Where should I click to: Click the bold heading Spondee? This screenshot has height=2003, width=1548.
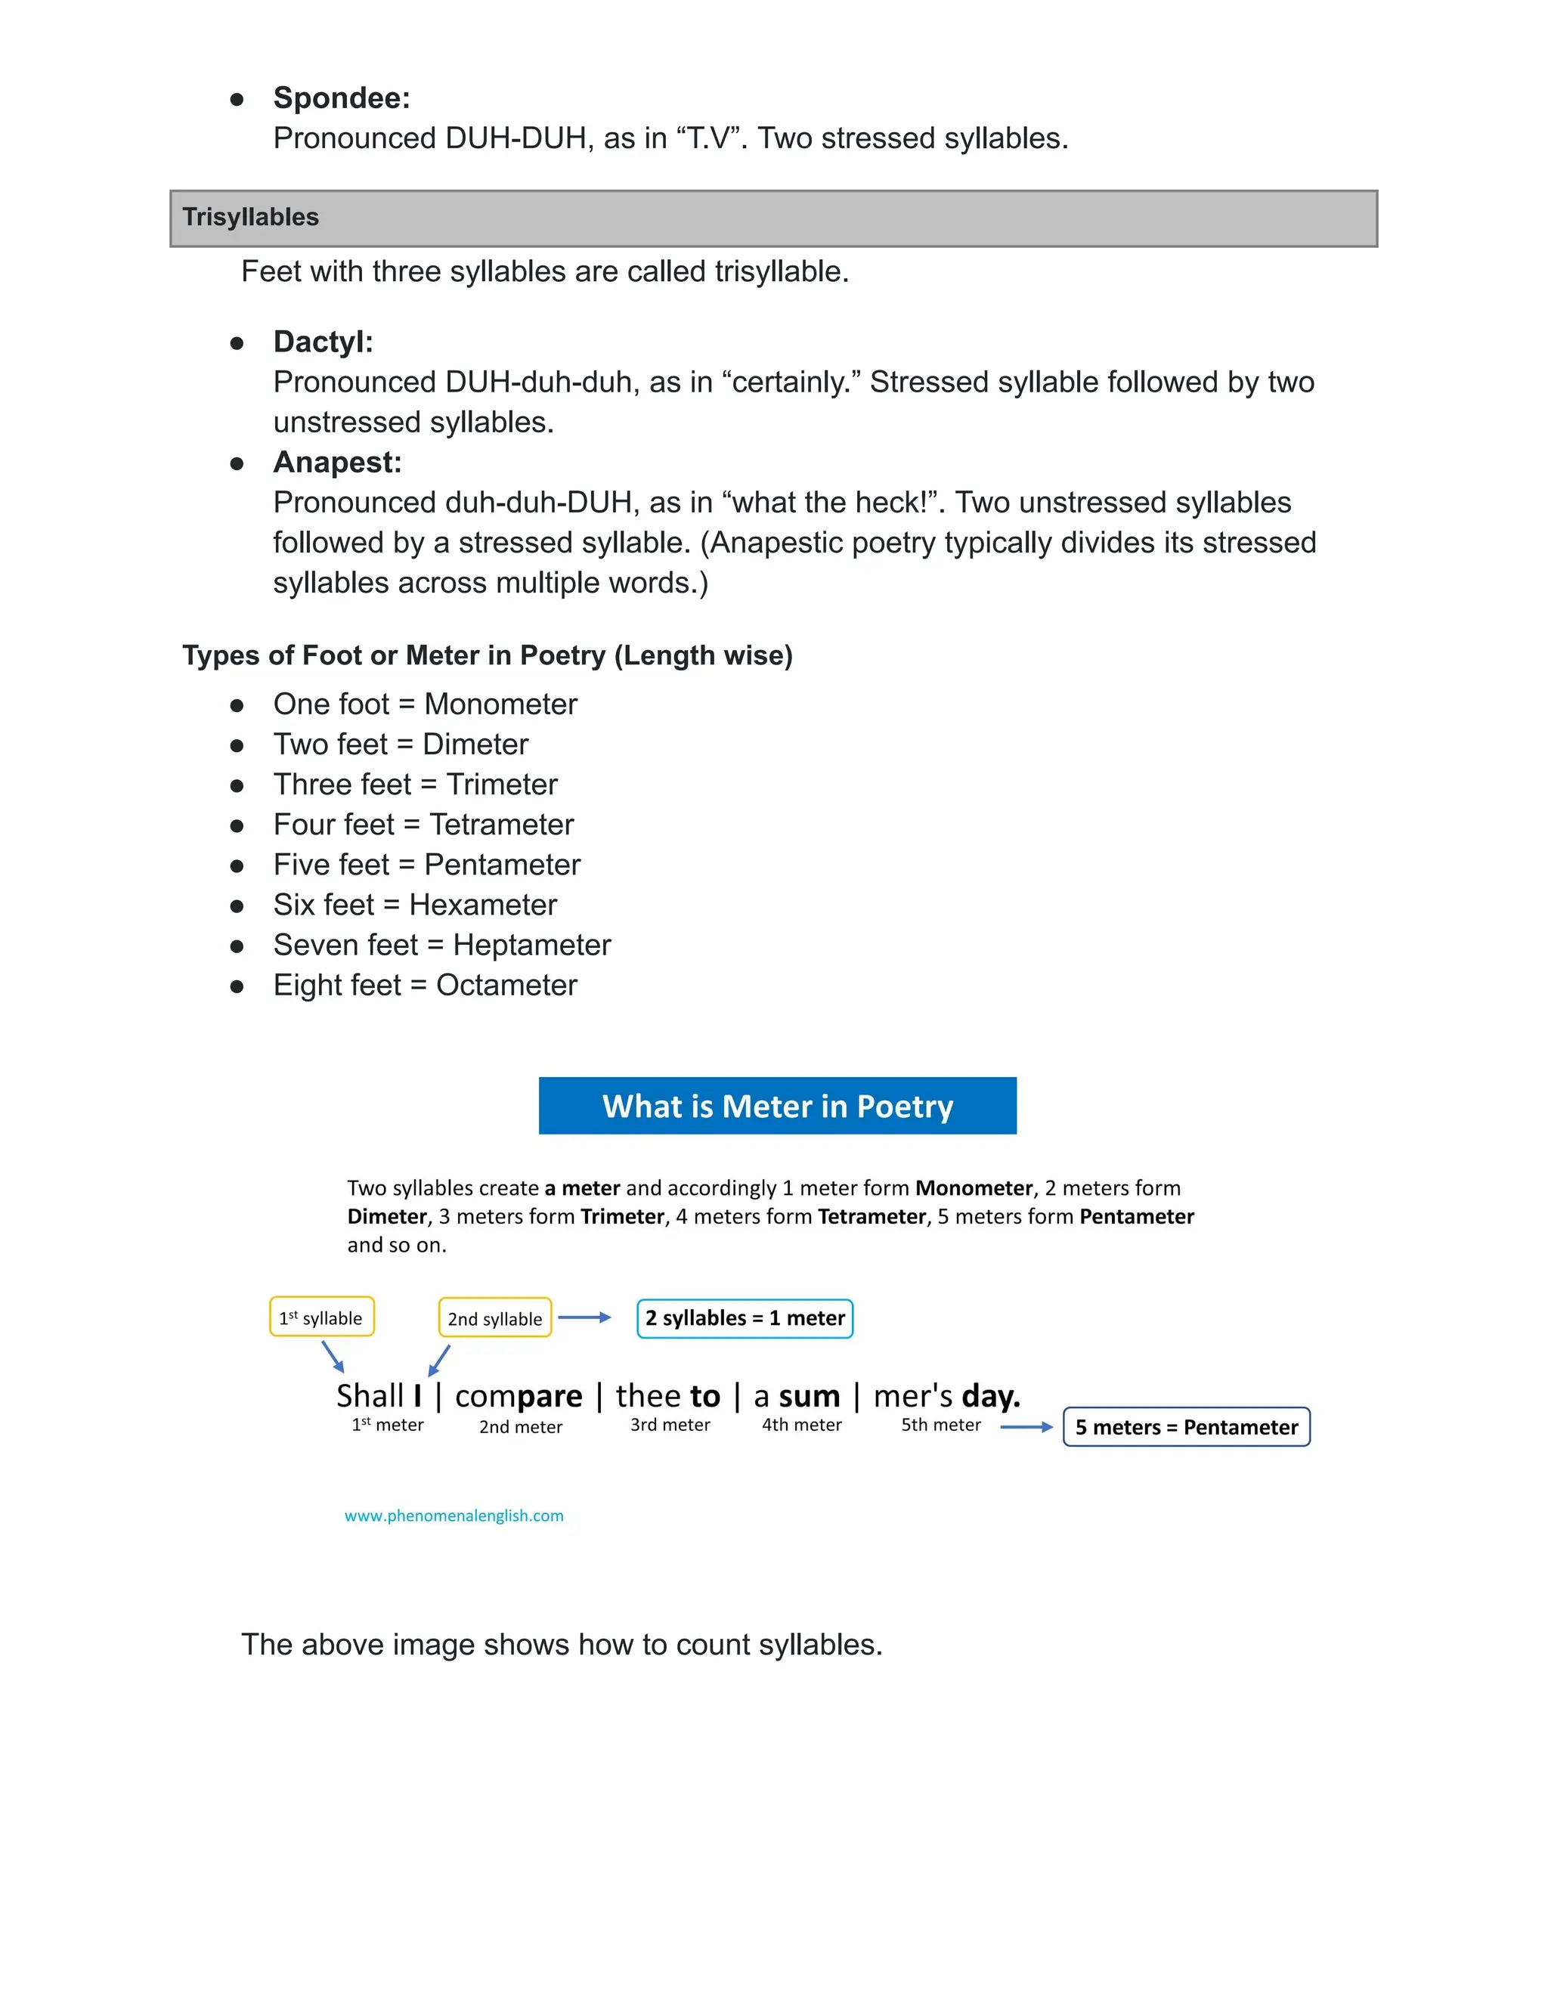(341, 98)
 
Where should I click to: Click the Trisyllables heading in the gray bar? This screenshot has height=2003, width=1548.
(250, 218)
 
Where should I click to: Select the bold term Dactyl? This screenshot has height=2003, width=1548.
(323, 342)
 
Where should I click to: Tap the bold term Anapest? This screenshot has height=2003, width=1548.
(336, 463)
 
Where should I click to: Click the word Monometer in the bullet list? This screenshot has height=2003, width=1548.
(500, 704)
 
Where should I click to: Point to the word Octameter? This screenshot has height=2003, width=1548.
(506, 985)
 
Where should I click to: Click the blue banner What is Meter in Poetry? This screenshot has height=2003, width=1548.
(777, 1106)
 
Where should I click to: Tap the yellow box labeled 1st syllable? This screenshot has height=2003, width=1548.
(321, 1317)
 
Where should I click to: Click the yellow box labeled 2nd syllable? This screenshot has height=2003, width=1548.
(494, 1318)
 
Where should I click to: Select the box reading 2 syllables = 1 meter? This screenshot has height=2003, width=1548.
(745, 1318)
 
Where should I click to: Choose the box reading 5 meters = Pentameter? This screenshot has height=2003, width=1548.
(1186, 1427)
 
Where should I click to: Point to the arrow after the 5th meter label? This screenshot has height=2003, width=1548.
(1025, 1427)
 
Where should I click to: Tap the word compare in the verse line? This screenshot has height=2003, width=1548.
(518, 1396)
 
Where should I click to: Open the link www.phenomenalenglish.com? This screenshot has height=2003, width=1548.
(454, 1516)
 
